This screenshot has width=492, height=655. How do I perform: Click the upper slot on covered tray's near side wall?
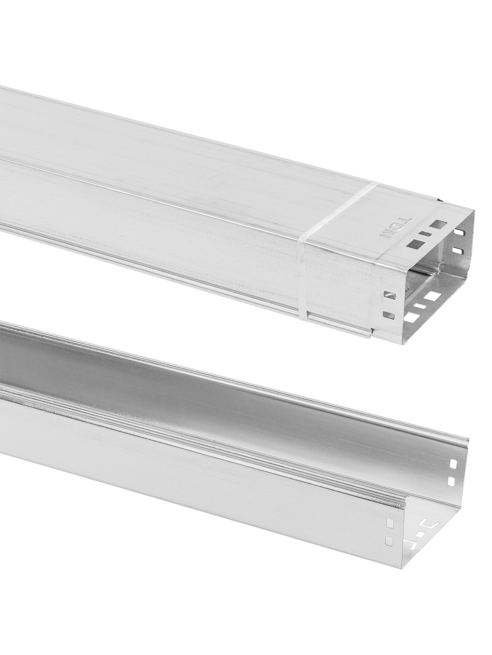click(x=390, y=296)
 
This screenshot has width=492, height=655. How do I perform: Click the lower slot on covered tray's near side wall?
click(x=389, y=315)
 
